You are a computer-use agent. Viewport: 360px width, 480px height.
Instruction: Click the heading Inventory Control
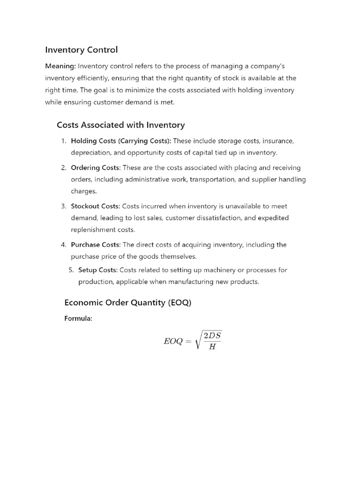click(x=81, y=49)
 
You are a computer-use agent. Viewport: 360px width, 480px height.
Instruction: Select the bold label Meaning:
click(x=60, y=66)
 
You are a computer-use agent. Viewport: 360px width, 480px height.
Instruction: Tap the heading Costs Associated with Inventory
click(x=120, y=125)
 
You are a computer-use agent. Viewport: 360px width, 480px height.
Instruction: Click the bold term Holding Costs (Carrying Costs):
click(x=121, y=141)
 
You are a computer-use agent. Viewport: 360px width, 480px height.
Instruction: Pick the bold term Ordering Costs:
click(x=96, y=167)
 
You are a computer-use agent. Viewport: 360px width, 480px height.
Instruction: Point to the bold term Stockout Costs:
click(x=96, y=206)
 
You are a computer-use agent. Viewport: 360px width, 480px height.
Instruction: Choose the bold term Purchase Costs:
click(x=96, y=245)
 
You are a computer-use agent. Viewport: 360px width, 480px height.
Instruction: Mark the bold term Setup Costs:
click(x=97, y=270)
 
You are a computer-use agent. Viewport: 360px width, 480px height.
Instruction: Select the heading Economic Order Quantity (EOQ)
click(x=127, y=302)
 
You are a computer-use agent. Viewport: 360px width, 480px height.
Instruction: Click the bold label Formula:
click(x=78, y=319)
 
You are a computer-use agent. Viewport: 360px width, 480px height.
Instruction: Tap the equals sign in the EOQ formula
click(x=188, y=341)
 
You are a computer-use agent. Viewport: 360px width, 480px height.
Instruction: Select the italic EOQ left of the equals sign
click(x=172, y=341)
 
